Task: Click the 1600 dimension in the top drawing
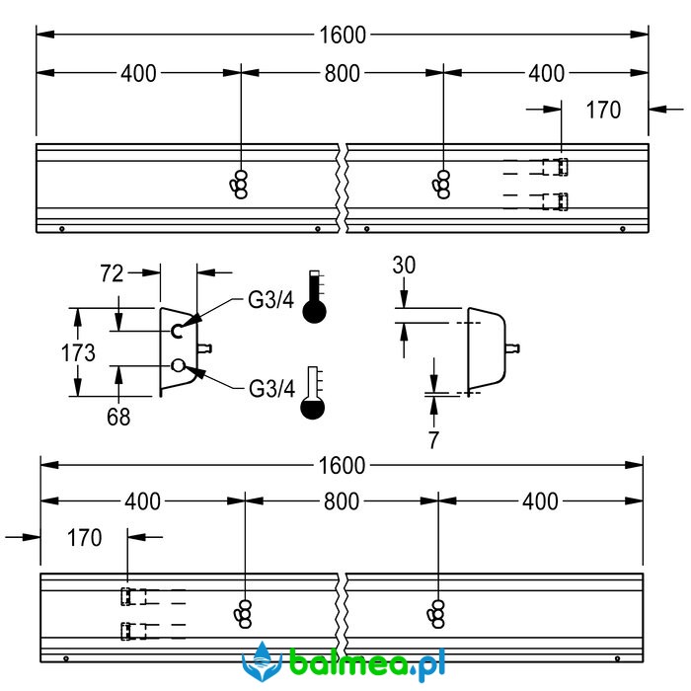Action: tap(343, 35)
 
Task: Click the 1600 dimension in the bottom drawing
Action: tap(342, 465)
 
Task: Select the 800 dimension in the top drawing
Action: tap(342, 73)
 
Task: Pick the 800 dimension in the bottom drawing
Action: tap(342, 501)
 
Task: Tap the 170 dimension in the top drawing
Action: tap(603, 110)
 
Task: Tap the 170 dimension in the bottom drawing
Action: tap(84, 538)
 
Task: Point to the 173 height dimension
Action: tap(78, 353)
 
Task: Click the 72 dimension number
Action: tap(112, 273)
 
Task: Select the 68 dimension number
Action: tap(118, 417)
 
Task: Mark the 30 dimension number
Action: tap(404, 266)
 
